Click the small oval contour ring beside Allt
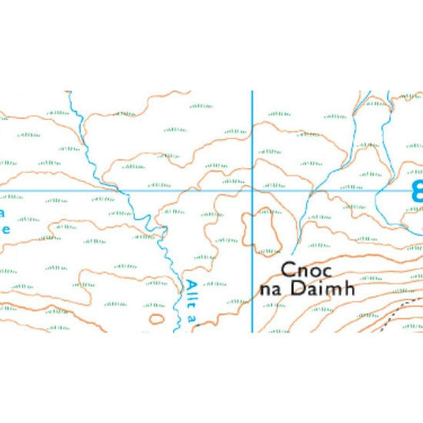pyautogui.click(x=157, y=317)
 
